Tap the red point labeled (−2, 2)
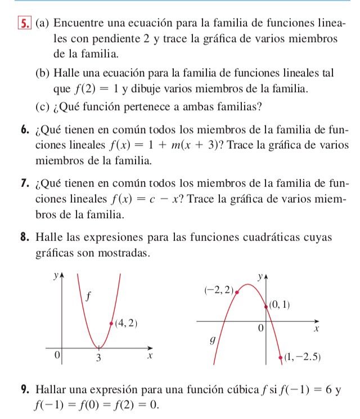(x=237, y=292)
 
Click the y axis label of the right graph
(x=260, y=276)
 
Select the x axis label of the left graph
(x=150, y=357)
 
